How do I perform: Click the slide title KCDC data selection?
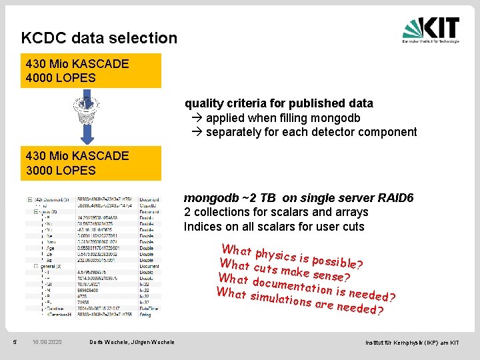click(x=99, y=38)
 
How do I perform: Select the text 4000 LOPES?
click(x=61, y=78)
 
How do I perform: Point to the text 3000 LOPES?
click(x=61, y=170)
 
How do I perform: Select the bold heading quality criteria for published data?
click(x=279, y=103)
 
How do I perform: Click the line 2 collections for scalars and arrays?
click(x=276, y=212)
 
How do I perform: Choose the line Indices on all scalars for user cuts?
click(x=274, y=227)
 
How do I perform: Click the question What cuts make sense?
click(x=285, y=271)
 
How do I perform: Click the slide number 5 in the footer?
click(x=15, y=342)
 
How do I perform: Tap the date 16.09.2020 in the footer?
click(x=47, y=342)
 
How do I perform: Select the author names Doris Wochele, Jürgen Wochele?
click(x=132, y=342)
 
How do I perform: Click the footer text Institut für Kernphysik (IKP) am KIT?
click(x=411, y=342)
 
